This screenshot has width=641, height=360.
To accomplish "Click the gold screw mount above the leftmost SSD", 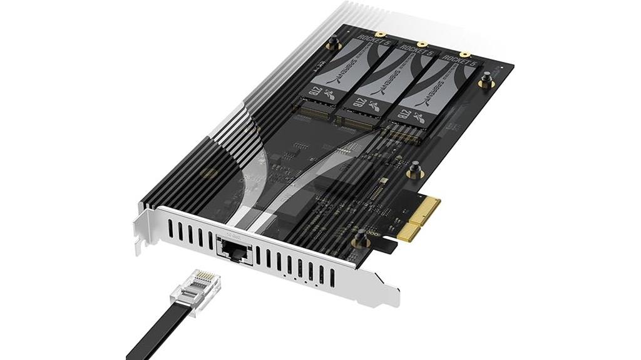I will [x=379, y=34].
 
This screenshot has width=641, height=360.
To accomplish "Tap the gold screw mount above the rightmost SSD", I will [x=464, y=54].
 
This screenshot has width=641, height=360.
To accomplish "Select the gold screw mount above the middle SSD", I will [x=422, y=44].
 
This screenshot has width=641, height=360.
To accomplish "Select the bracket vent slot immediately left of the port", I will [x=210, y=240].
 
